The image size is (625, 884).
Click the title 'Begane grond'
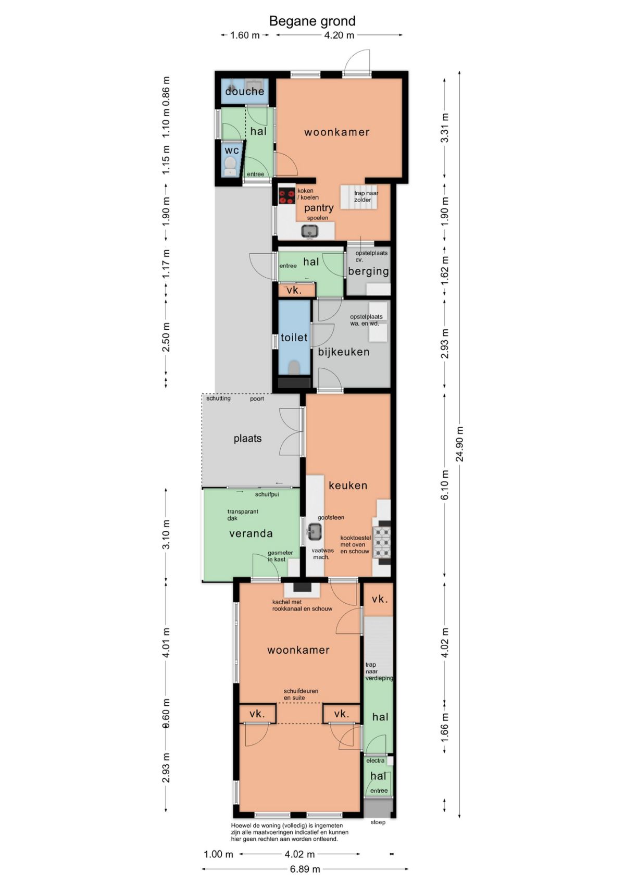point(312,21)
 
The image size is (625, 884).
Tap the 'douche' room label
point(245,92)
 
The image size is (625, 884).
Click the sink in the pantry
point(310,231)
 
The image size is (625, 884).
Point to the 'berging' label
point(369,271)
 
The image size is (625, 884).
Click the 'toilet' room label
point(294,338)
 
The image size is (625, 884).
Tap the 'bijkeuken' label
point(344,352)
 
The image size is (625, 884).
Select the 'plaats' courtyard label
point(247,439)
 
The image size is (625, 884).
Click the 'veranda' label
point(251,533)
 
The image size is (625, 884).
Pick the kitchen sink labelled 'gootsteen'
point(315,531)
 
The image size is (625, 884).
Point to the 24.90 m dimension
point(460,444)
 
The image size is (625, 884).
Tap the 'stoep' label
point(378,822)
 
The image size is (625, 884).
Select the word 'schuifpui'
point(267,494)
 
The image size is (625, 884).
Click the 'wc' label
point(232,151)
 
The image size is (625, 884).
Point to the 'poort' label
point(257,399)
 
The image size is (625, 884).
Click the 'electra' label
point(375,761)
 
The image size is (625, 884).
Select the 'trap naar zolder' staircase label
point(366,196)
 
